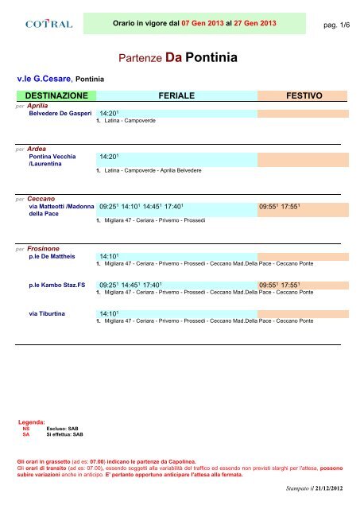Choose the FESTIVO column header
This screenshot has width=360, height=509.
[x=305, y=95]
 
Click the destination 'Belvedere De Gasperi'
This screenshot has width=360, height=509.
[x=59, y=114]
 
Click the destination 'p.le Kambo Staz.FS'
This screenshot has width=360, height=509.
[x=56, y=284]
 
